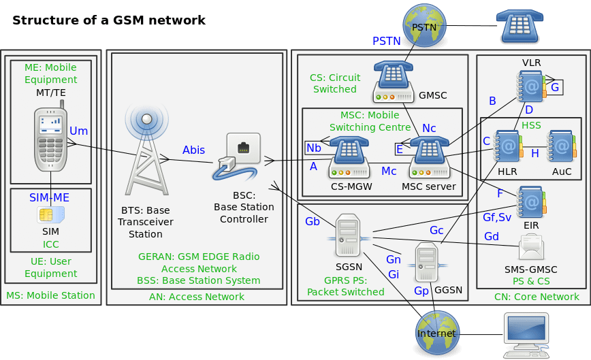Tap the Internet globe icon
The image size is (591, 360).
(x=436, y=333)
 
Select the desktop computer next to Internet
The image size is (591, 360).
(x=525, y=335)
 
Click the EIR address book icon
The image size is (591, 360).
(x=531, y=201)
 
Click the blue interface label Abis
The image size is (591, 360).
(x=193, y=150)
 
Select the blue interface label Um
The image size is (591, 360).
(x=79, y=130)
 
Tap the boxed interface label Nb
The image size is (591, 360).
(x=314, y=148)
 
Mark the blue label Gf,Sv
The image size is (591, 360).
(x=496, y=218)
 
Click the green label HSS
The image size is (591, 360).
(x=531, y=126)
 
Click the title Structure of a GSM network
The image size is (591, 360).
(x=109, y=20)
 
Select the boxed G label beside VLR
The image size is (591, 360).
(x=554, y=87)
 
